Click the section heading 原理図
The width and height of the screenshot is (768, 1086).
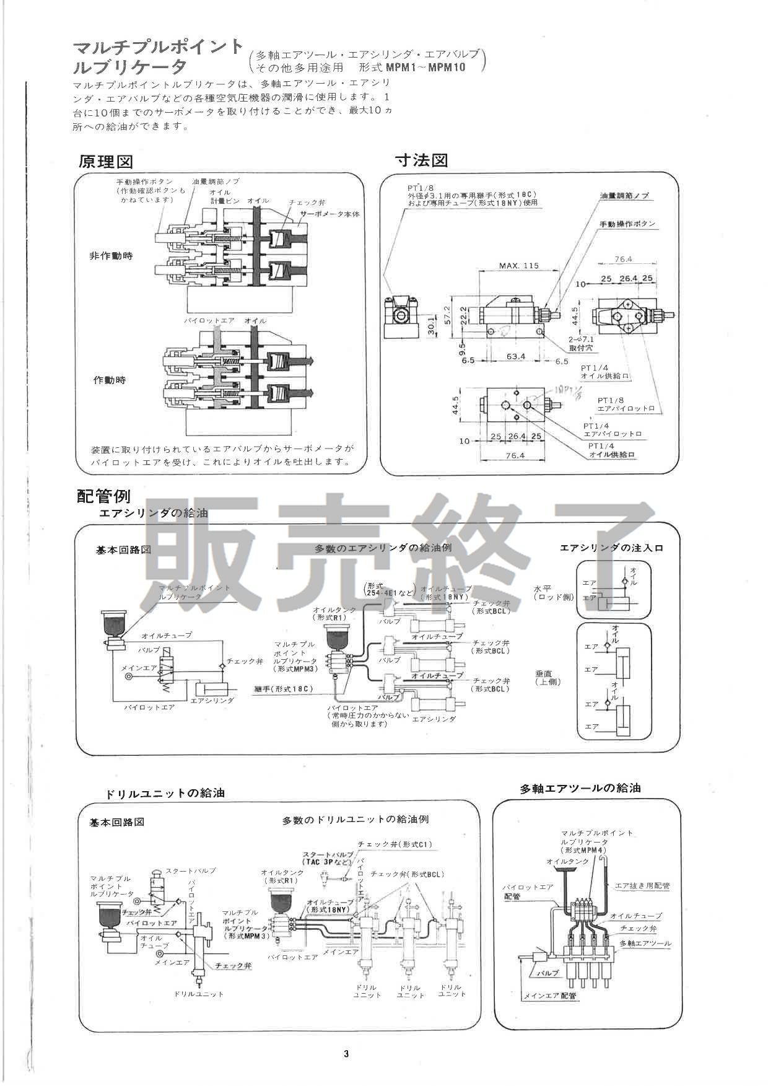[106, 162]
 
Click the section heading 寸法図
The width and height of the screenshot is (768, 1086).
[422, 160]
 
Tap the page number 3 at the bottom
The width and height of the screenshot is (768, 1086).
[346, 1054]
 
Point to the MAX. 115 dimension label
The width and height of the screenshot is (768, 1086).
[519, 266]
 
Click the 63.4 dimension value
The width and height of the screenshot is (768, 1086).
[515, 357]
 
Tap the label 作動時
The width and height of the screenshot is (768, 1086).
[110, 380]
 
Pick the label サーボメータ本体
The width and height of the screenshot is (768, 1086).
[330, 214]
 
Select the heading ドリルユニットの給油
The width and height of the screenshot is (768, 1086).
[165, 794]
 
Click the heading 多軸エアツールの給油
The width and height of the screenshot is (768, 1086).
[580, 789]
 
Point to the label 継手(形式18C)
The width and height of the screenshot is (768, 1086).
[284, 689]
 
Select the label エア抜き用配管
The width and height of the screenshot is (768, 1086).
[642, 886]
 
